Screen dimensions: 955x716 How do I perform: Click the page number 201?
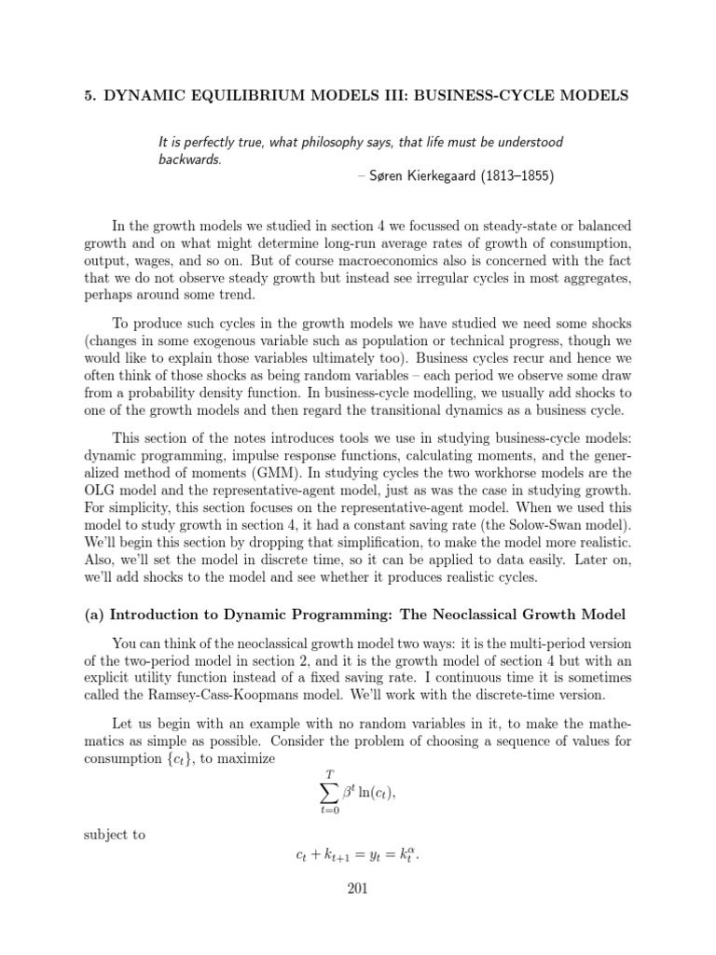click(357, 889)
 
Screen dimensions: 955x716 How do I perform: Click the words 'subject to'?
click(115, 835)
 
